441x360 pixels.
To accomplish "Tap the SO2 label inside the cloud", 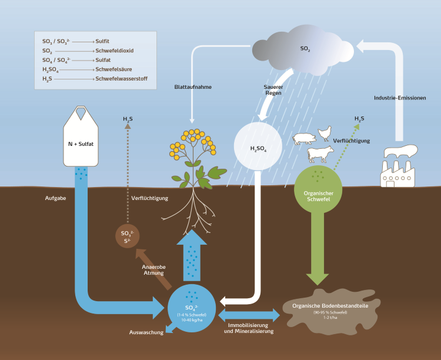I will [x=305, y=49].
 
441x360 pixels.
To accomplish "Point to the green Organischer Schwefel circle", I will [x=318, y=188].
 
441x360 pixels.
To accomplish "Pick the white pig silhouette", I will [x=305, y=139].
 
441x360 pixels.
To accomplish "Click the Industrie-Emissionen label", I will [x=400, y=97].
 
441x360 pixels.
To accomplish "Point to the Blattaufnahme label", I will [x=193, y=87].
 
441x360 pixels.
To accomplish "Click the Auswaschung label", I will [x=146, y=333].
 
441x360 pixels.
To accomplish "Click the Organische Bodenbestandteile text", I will [x=330, y=305].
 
